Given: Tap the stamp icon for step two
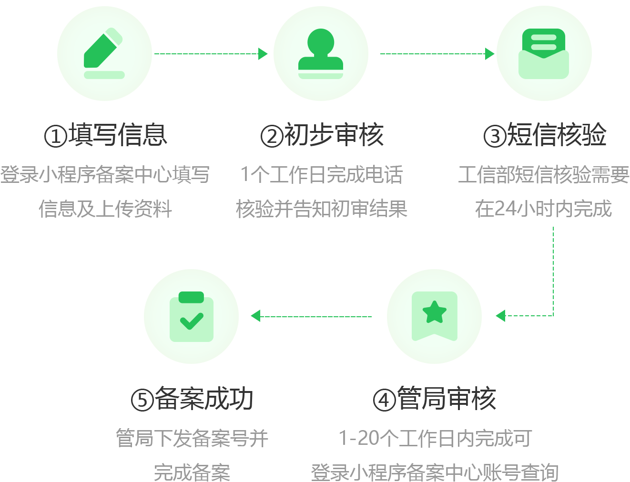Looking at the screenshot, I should [x=321, y=53].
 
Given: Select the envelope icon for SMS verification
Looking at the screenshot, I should [x=544, y=53].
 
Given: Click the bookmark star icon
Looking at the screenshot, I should [x=434, y=316].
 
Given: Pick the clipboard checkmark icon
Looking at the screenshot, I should [x=192, y=316].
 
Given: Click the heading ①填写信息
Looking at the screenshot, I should [x=106, y=135].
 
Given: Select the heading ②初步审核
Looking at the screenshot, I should [x=322, y=135].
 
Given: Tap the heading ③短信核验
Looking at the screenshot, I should [x=545, y=135].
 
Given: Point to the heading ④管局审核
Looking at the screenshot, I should [x=435, y=399].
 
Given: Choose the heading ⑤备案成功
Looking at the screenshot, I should [x=192, y=399].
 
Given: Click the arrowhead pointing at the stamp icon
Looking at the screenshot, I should [x=263, y=54].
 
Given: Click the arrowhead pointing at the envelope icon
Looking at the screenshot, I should [x=489, y=54].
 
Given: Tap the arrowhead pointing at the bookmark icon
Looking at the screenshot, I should [x=500, y=315].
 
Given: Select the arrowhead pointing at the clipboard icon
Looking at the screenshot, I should [x=256, y=316].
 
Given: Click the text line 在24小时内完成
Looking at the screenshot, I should [x=543, y=209].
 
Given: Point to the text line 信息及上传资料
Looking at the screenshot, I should [x=105, y=209].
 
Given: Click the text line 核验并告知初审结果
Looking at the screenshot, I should [x=322, y=209].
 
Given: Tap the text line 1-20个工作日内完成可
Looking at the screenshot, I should [x=435, y=438].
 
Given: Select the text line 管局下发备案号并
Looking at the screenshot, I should [x=192, y=438].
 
